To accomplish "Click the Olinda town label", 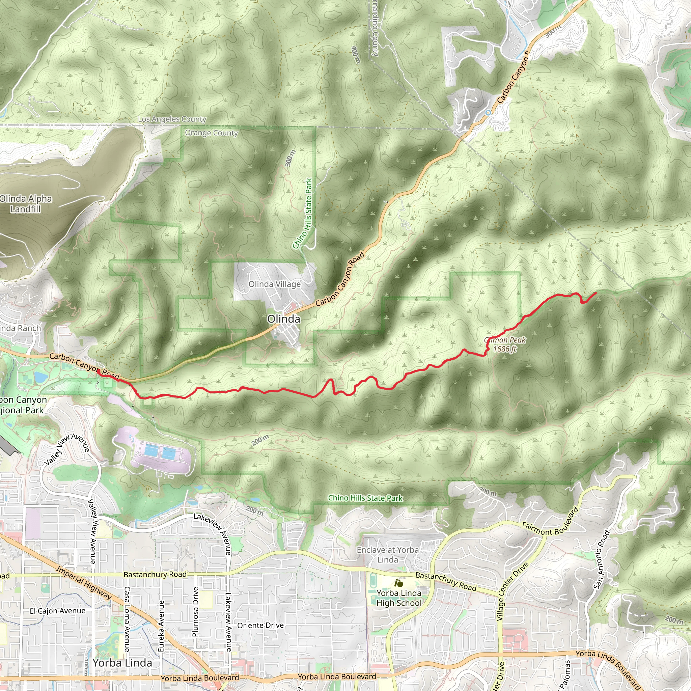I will point(284,319).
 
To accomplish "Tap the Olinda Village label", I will point(274,284).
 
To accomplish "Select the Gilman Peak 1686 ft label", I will point(505,344).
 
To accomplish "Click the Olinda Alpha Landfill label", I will point(25,203).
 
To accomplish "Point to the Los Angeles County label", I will point(172,119).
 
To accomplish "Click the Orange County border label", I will point(211,133).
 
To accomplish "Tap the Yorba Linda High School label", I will point(399,598).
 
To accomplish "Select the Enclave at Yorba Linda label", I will point(388,555).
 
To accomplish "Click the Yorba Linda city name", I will point(122,663).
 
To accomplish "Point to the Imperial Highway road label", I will point(84,583).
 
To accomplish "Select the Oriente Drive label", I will point(260,625).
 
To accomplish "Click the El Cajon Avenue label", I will point(58,611).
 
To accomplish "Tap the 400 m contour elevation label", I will point(356,54).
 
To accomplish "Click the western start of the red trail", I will point(98,371).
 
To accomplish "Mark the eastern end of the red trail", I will point(596,293).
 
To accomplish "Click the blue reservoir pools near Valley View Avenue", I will point(160,451).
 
